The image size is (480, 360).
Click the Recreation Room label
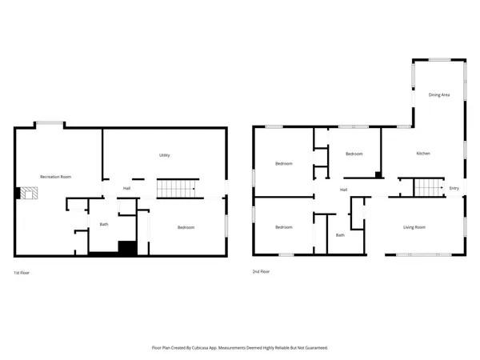click(56, 176)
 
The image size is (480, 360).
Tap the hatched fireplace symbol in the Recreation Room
click(28, 194)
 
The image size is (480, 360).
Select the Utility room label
click(164, 155)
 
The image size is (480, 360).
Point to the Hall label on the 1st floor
click(126, 189)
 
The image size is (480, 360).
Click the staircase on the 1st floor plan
click(176, 189)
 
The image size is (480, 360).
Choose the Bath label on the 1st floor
click(104, 224)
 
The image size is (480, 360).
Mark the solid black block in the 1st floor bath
click(126, 247)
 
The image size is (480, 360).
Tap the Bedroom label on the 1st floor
click(186, 228)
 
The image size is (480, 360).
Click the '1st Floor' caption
click(22, 272)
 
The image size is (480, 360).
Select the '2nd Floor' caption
click(261, 272)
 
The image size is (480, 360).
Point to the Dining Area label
click(439, 95)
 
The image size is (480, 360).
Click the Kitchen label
click(423, 153)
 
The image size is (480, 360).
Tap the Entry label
click(454, 189)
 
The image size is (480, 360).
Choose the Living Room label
click(414, 227)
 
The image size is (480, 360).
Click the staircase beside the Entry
click(427, 188)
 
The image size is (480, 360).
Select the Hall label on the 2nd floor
click(343, 190)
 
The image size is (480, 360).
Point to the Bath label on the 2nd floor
click(340, 234)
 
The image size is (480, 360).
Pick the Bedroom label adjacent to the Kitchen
click(354, 154)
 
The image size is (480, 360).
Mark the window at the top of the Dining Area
click(439, 59)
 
